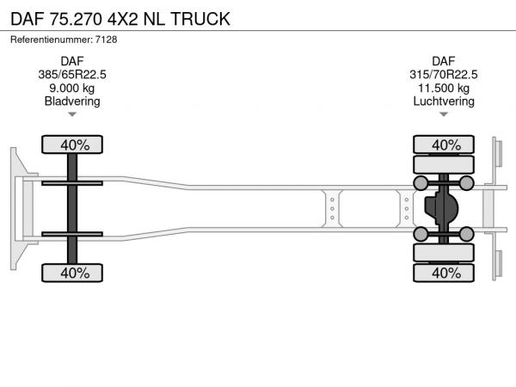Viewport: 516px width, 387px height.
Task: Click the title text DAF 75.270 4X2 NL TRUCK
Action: point(120,19)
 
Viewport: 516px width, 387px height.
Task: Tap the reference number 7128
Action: point(106,40)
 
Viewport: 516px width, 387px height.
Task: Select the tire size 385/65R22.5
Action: point(72,75)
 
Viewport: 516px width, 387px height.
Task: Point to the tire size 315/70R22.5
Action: point(443,75)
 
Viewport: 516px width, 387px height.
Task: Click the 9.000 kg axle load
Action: point(72,89)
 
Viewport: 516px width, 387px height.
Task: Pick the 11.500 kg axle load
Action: point(443,89)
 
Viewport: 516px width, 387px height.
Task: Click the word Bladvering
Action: point(72,101)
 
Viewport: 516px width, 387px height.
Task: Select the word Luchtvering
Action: point(444,101)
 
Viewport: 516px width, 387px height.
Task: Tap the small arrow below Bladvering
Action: point(72,114)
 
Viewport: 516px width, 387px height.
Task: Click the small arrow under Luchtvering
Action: point(444,114)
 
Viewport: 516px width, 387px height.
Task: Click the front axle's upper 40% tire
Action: point(72,144)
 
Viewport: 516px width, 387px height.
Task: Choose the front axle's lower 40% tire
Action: point(72,273)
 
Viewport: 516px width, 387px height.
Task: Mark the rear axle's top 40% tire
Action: point(444,144)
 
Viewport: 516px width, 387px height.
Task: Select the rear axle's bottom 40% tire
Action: point(444,273)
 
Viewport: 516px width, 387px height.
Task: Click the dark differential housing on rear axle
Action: point(441,209)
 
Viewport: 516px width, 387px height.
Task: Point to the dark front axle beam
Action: point(72,209)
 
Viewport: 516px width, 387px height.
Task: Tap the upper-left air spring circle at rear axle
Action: point(421,183)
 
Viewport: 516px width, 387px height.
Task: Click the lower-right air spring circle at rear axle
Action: point(466,234)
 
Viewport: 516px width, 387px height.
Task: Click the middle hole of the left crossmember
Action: point(332,209)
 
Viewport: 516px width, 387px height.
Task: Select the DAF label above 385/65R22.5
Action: point(72,61)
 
